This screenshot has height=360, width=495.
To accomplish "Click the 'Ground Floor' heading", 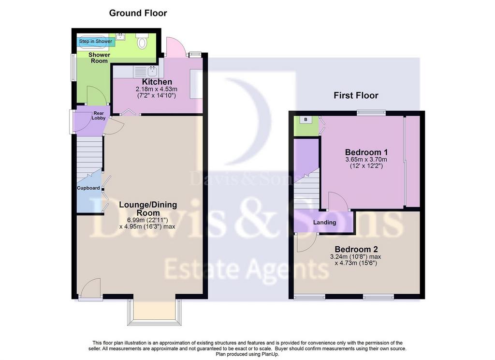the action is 138,13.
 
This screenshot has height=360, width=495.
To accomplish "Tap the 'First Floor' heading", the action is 356,95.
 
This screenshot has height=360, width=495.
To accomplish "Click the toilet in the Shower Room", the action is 142,41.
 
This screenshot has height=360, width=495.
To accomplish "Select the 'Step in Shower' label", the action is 96,42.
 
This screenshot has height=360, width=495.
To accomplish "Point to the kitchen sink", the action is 153,72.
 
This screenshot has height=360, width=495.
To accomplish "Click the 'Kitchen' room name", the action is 157,82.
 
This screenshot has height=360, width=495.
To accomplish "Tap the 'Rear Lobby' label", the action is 99,116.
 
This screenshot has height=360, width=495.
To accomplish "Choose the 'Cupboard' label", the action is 88,188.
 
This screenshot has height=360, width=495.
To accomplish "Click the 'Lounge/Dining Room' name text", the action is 148,209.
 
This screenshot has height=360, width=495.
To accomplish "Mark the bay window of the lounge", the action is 154,312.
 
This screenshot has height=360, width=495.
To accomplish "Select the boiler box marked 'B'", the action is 306,120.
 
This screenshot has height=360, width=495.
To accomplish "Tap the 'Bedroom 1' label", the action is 366,152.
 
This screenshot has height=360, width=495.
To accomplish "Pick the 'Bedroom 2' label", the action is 356,249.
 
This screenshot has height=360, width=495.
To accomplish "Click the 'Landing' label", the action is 324,223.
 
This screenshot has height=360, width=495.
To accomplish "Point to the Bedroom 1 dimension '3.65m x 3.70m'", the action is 366,160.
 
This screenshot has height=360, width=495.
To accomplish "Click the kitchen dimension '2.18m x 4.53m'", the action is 157,89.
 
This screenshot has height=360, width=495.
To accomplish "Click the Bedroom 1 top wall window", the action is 371,112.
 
